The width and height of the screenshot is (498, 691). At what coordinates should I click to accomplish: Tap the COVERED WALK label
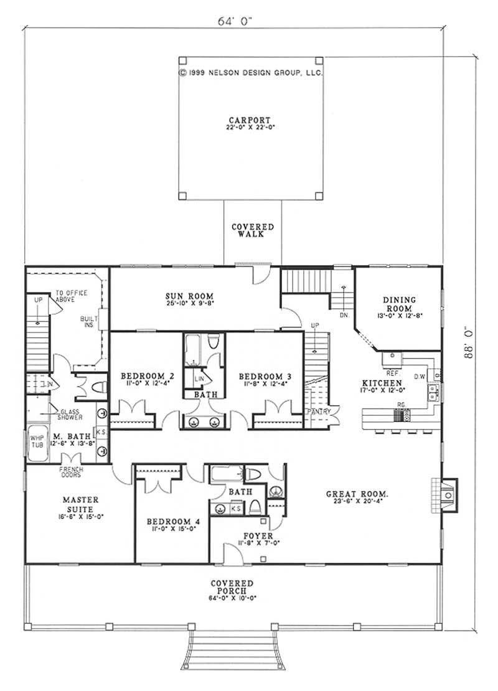[251, 231]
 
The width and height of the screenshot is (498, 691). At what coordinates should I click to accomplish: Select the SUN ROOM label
[190, 296]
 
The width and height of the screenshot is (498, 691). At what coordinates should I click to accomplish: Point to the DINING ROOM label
[403, 304]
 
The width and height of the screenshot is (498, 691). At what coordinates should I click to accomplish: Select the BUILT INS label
[87, 321]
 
